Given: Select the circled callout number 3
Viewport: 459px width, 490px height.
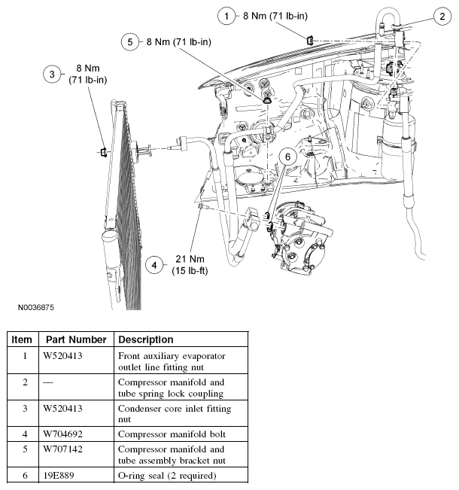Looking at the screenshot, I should (52, 74).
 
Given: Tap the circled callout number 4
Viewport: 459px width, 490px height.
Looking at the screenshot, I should (154, 265).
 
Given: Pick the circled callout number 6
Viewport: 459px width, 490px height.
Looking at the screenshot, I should (287, 155).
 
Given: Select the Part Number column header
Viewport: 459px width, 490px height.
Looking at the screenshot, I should (76, 339).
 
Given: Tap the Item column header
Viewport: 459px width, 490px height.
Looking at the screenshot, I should (23, 339).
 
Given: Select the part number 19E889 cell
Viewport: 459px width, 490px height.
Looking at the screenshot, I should (62, 476).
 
